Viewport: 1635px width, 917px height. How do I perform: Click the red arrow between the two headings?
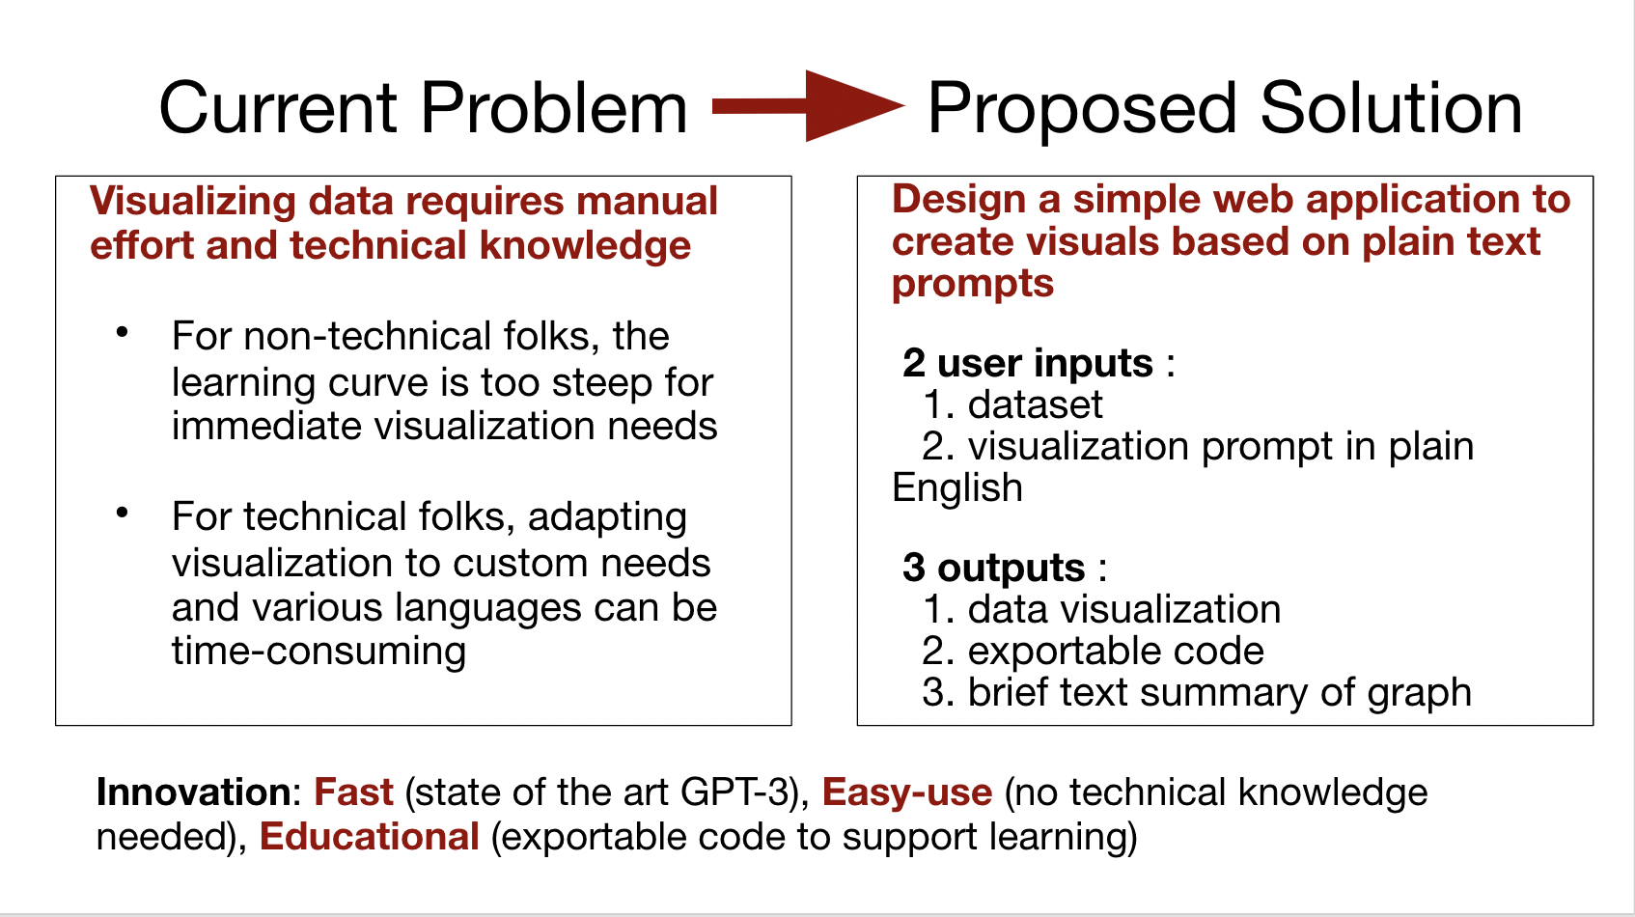806,106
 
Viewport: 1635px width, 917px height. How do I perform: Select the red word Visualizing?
193,202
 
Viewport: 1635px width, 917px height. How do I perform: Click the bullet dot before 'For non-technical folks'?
123,333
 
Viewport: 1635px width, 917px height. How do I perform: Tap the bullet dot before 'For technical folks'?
123,514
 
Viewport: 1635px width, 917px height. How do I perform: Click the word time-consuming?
319,652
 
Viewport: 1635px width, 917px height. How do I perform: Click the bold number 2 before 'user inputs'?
914,364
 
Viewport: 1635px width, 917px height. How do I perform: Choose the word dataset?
1035,405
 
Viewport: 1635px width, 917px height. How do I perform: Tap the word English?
957,488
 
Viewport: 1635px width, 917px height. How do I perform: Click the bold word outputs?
1011,569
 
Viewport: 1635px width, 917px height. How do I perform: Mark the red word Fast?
353,792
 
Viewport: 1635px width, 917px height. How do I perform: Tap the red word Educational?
369,837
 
